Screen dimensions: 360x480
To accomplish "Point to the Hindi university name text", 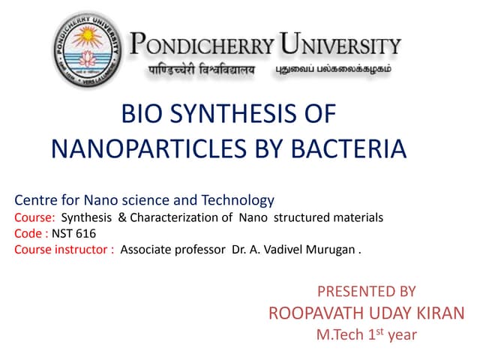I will coord(202,70).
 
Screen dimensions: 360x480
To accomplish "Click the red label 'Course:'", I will coord(34,217).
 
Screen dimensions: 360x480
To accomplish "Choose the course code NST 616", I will coord(73,233).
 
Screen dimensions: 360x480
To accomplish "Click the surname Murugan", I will coord(329,250).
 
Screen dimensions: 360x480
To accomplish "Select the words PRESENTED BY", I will coord(367,291).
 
